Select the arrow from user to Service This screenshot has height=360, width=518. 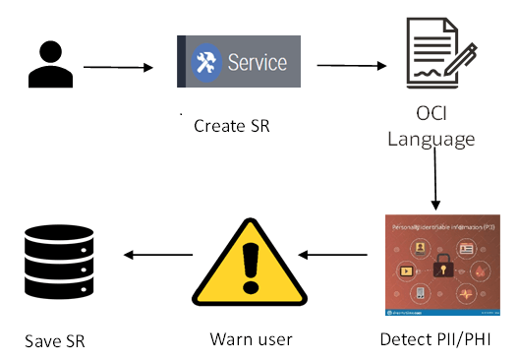pos(119,68)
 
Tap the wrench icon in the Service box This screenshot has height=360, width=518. pos(206,63)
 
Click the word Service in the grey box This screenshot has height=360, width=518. pos(257,62)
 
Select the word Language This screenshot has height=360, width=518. pos(431,139)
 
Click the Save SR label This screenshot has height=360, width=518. pos(55,342)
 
